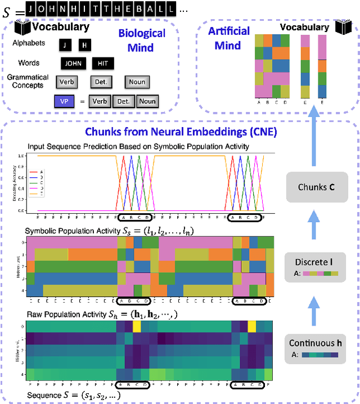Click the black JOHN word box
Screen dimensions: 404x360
(x=73, y=63)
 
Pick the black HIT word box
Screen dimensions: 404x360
(x=102, y=63)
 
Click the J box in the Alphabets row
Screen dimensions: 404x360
(x=65, y=44)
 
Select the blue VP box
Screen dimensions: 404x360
(x=65, y=101)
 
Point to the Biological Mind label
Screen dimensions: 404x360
(x=142, y=39)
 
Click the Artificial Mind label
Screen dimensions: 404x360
(x=229, y=37)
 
